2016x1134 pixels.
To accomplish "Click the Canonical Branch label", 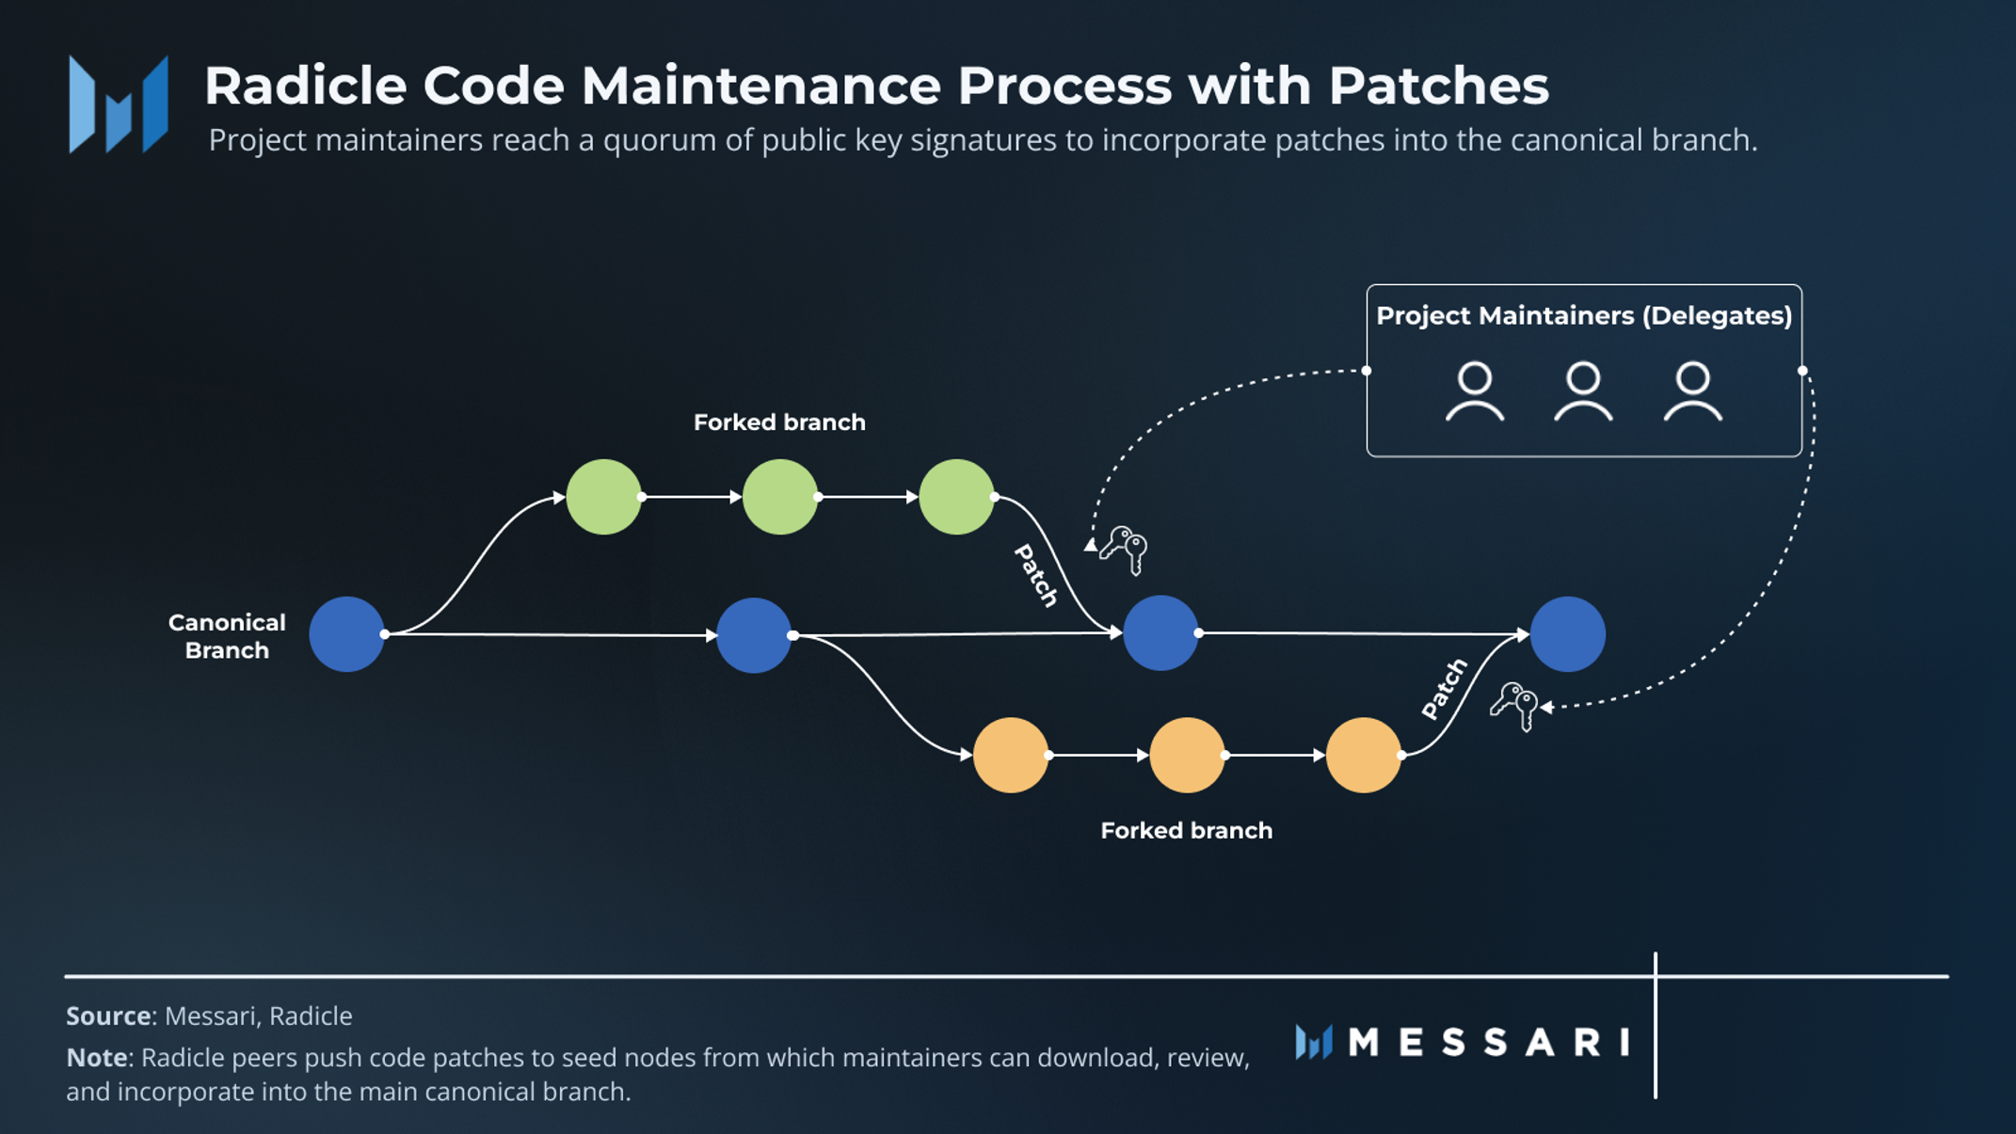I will (x=227, y=636).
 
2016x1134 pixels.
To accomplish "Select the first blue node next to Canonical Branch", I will (x=347, y=634).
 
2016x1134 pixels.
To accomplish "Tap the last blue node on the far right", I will (x=1567, y=634).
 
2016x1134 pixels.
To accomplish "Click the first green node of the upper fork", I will (x=603, y=497).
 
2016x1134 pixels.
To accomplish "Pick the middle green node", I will (x=779, y=497).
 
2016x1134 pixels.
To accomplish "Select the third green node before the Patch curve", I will (x=956, y=497).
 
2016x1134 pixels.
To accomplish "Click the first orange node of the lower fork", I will (x=1011, y=755).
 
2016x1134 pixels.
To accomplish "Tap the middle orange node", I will (x=1187, y=755).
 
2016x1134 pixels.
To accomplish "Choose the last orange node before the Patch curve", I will (x=1363, y=755).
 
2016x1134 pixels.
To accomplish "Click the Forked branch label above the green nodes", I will (x=779, y=423).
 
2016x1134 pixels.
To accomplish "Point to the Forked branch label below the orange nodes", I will (x=1186, y=830).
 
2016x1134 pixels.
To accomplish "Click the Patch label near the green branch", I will (x=1036, y=575).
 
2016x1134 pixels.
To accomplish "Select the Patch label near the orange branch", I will (x=1445, y=690).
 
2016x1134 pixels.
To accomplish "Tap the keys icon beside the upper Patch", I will (x=1126, y=548).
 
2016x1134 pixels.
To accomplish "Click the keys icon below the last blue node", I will (x=1514, y=705).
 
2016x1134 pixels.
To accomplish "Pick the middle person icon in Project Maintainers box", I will (x=1583, y=391).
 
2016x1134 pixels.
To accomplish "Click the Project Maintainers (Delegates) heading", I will (x=1584, y=316).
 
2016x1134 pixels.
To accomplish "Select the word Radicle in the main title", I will (x=305, y=86).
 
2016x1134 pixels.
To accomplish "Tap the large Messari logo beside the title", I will (x=119, y=104).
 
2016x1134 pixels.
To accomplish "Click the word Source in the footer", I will (x=108, y=1016).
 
